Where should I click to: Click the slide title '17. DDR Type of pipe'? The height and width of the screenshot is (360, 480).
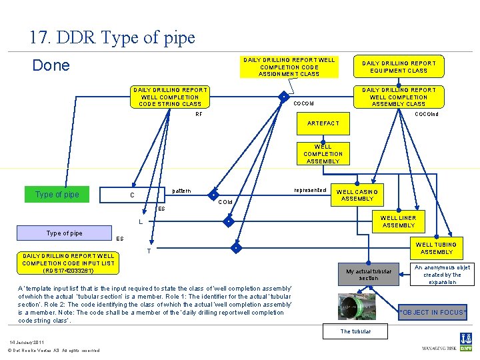(x=112, y=37)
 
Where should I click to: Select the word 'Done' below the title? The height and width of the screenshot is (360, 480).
(x=51, y=65)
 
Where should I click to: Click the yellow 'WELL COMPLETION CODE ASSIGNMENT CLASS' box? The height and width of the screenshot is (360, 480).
(x=289, y=67)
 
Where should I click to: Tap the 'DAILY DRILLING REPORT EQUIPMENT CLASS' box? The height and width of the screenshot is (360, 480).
(x=399, y=67)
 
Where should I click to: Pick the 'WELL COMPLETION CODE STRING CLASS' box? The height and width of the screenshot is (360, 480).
(x=170, y=97)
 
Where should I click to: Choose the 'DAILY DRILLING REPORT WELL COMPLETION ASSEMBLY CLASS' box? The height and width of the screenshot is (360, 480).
(x=399, y=97)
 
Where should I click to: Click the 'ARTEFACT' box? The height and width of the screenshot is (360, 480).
(x=323, y=123)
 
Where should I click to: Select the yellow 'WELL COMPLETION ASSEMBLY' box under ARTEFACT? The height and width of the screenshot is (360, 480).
(x=323, y=154)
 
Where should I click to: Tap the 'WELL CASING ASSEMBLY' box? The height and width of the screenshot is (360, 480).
(x=357, y=195)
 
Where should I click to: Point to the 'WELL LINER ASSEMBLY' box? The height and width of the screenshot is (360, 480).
(x=399, y=221)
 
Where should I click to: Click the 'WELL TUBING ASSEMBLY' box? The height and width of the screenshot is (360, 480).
(x=437, y=248)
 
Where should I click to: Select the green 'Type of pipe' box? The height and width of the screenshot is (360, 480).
(x=57, y=195)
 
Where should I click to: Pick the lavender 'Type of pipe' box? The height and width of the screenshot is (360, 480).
(x=65, y=233)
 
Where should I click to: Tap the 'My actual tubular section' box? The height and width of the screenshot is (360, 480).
(x=369, y=275)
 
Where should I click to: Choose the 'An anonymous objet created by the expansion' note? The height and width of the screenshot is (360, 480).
(x=442, y=275)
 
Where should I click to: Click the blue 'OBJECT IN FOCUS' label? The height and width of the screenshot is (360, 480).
(x=433, y=312)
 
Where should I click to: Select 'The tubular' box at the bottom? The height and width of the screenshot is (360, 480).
(x=355, y=331)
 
